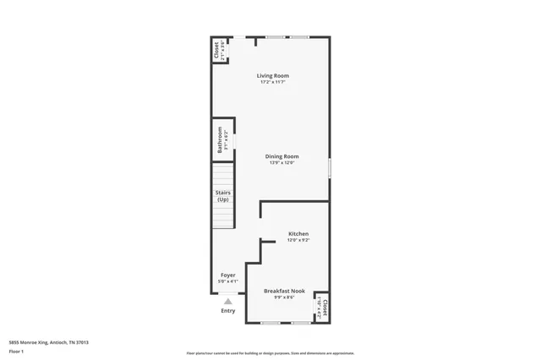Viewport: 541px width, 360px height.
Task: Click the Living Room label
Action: [x=272, y=76]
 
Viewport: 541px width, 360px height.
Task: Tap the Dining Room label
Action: [x=282, y=156]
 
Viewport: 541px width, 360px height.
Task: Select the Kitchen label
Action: [x=298, y=233]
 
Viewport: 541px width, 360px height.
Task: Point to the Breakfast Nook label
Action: [x=284, y=291]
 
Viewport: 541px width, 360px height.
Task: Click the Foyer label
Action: [x=228, y=275]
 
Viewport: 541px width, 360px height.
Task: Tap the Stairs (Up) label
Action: [x=223, y=196]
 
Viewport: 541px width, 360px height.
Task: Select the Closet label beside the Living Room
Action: [x=216, y=50]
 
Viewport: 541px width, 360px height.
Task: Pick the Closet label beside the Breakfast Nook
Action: [x=324, y=308]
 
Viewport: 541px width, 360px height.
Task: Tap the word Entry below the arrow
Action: [x=228, y=311]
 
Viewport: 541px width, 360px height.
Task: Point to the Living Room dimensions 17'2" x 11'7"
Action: [x=272, y=82]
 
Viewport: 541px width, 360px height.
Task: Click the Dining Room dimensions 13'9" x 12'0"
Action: [x=282, y=162]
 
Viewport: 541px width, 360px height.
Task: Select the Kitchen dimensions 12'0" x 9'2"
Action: [x=298, y=240]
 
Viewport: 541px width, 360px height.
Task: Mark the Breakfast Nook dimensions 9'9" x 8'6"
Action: [x=284, y=297]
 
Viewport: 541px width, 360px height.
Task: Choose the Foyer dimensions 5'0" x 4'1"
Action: [x=228, y=281]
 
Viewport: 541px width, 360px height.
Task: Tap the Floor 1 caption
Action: [x=15, y=351]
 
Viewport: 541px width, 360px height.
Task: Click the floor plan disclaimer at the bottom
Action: [x=270, y=352]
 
